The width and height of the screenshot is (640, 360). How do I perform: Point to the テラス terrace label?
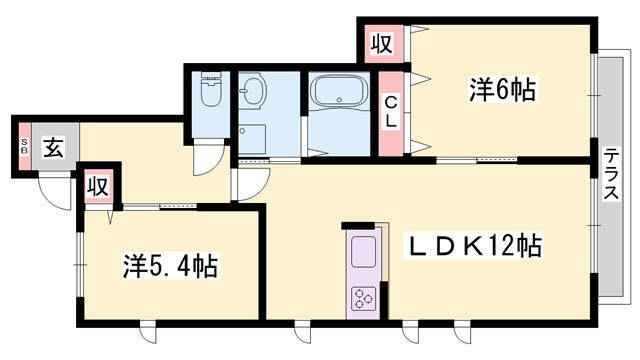click(x=609, y=176)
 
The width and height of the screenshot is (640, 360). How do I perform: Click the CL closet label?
click(x=392, y=109)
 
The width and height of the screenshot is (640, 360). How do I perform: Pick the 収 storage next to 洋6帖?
click(x=381, y=43)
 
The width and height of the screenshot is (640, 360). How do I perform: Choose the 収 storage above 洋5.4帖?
click(x=97, y=186)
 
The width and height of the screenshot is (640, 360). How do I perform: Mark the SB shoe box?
click(x=23, y=149)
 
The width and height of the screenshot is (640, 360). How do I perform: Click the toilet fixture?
click(x=211, y=93)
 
